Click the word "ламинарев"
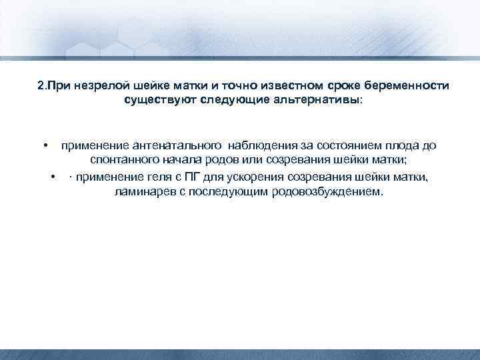141,192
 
